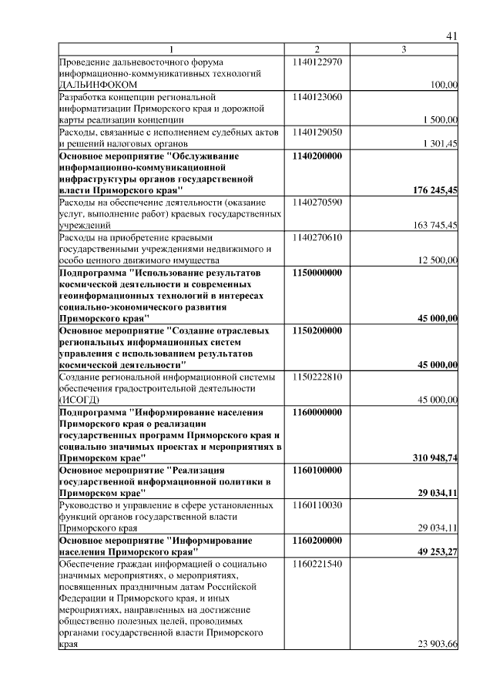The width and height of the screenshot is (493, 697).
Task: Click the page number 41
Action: point(452,35)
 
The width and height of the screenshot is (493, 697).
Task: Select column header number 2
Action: point(317,50)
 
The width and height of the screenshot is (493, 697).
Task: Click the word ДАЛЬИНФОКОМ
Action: point(99,84)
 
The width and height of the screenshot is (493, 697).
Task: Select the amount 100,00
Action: point(444,85)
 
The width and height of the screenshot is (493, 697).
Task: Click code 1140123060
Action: point(317,97)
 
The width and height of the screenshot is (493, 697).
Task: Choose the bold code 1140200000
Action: point(317,156)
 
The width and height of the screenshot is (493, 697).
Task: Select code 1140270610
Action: point(317,237)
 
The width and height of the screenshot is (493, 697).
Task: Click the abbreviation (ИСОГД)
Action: point(80,400)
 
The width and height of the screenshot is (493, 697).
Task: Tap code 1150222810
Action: point(317,377)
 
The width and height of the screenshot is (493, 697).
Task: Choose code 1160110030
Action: point(317,505)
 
